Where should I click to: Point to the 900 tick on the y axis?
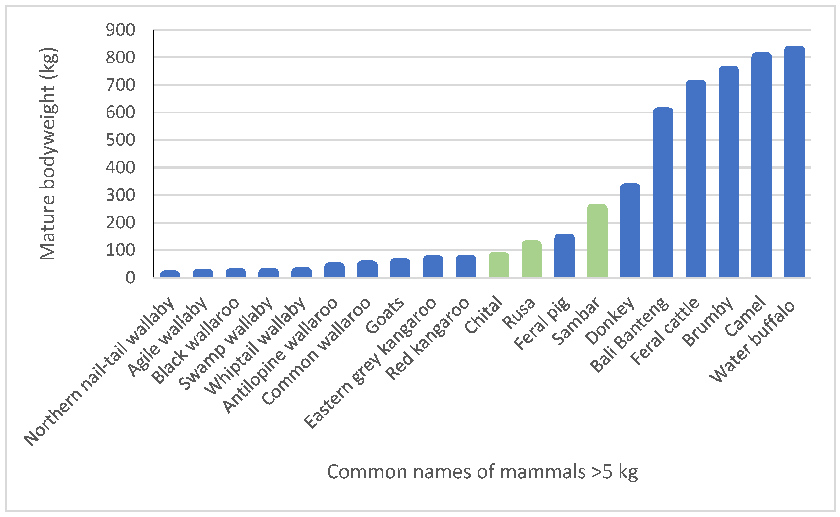point(120,30)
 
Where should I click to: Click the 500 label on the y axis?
point(120,140)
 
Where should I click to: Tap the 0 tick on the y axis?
point(130,278)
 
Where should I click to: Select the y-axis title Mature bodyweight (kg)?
point(48,154)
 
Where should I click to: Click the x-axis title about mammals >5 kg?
point(482,472)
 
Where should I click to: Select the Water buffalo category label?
point(753,342)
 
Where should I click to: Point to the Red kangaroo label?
point(428,338)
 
